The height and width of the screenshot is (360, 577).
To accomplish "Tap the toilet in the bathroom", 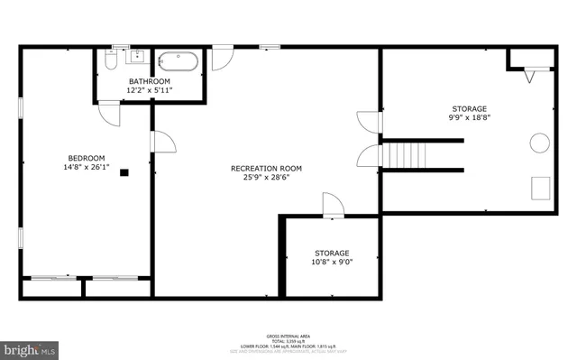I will coord(109,61).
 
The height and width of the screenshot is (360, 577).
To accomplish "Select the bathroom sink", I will coord(136,60).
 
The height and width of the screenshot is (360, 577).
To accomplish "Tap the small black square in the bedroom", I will coord(124,171).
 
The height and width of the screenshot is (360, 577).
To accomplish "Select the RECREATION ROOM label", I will coord(266,168).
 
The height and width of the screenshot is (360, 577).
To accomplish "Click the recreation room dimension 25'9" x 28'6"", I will coord(266,178).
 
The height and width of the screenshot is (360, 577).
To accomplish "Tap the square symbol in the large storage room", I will coord(542,187).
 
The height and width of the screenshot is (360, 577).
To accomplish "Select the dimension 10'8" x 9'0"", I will coord(332,263).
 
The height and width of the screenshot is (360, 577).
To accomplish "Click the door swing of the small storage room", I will coord(333,205).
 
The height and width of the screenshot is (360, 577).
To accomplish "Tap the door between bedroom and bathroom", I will coord(109,114).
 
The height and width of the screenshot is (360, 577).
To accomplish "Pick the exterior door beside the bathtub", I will coord(223,57).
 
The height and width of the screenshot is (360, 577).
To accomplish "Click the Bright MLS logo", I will coord(29,347).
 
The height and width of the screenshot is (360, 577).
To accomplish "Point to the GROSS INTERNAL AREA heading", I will coord(288,334).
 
